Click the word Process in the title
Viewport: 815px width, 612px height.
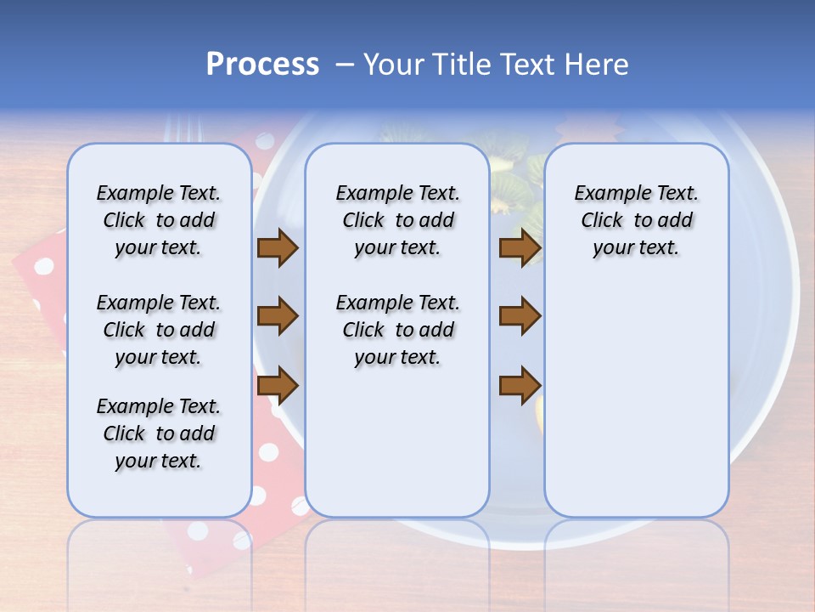pos(262,65)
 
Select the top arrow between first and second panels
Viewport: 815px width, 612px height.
pos(277,248)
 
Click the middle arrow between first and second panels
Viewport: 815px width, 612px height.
pos(277,316)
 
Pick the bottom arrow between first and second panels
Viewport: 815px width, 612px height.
pos(277,386)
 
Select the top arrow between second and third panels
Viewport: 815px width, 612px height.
pos(520,248)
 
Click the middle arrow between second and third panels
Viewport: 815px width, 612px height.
pos(520,316)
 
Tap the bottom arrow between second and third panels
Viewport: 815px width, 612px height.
pos(520,386)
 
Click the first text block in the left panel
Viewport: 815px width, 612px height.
pos(159,220)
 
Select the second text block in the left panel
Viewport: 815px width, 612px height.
pos(159,330)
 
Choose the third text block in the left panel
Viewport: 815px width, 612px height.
pos(159,433)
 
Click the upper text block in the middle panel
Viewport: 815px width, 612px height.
pos(397,220)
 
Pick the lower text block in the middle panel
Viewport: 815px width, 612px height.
pos(397,330)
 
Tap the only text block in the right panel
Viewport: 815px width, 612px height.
pos(636,220)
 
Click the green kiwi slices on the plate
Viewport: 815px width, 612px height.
pos(509,161)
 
